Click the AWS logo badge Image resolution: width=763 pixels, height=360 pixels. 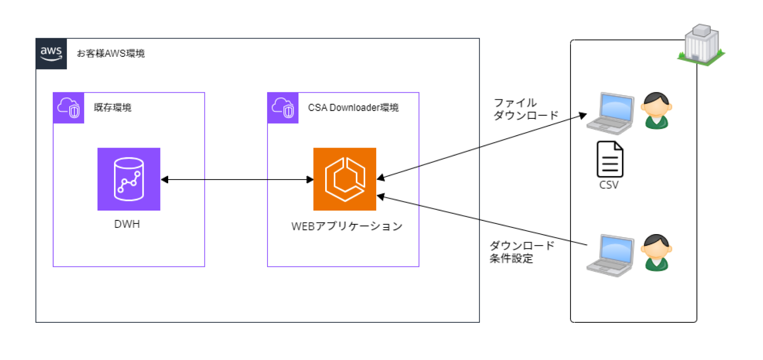(x=51, y=54)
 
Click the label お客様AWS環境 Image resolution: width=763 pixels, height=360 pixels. (x=111, y=54)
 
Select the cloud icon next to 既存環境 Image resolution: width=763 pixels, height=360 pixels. (x=68, y=108)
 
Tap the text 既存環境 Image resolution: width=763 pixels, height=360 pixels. (x=113, y=108)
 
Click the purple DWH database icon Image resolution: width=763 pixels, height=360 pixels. (x=129, y=179)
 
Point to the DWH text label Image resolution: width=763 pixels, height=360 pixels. (x=127, y=224)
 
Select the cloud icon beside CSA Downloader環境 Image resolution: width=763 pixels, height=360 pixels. (x=283, y=108)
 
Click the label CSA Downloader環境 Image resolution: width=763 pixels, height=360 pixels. (x=353, y=108)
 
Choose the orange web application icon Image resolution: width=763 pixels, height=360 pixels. (x=345, y=179)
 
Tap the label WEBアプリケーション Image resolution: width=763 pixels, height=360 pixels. (x=346, y=227)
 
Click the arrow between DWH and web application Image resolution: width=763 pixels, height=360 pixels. (x=237, y=180)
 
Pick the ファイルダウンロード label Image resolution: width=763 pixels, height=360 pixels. (x=526, y=109)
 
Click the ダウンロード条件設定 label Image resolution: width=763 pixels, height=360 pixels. (x=522, y=252)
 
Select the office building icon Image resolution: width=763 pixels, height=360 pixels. (x=701, y=44)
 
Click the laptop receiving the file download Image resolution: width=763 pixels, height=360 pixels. (x=611, y=113)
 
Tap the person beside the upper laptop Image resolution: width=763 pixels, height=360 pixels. (x=657, y=111)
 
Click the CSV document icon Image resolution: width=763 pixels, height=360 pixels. (x=610, y=159)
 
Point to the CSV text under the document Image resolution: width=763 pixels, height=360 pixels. (x=609, y=185)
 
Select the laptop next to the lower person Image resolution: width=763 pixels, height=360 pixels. (x=611, y=256)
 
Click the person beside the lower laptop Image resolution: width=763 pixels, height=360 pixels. (x=657, y=253)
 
